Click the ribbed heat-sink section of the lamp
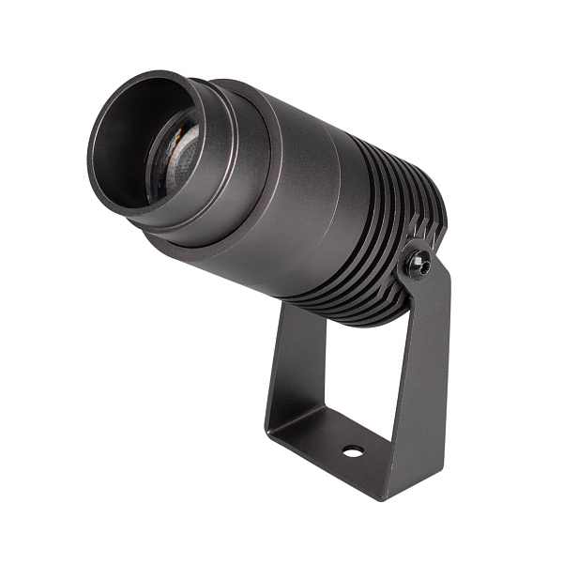pyautogui.click(x=375, y=244)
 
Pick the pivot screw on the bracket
pyautogui.click(x=418, y=264)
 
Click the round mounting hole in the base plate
pyautogui.click(x=353, y=450)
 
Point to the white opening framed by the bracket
pyautogui.click(x=361, y=375)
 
